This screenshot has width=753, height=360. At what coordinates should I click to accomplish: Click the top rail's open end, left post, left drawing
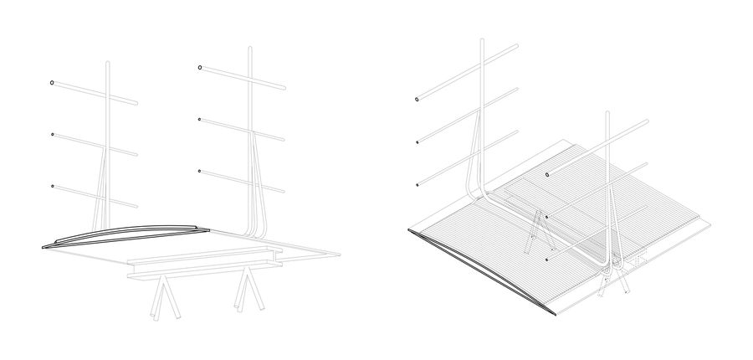pyautogui.click(x=52, y=83)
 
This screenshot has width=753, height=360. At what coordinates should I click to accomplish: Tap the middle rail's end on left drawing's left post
pyautogui.click(x=52, y=134)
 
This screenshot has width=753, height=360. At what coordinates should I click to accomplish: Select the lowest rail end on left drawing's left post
pyautogui.click(x=52, y=185)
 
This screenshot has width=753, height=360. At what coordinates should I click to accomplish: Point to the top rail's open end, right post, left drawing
pyautogui.click(x=200, y=67)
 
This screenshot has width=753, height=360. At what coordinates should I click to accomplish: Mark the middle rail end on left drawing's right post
pyautogui.click(x=199, y=120)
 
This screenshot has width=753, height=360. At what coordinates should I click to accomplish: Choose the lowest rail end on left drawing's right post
pyautogui.click(x=199, y=171)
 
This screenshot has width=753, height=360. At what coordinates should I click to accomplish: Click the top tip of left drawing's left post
pyautogui.click(x=109, y=64)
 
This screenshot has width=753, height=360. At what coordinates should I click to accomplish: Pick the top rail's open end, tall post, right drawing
pyautogui.click(x=417, y=100)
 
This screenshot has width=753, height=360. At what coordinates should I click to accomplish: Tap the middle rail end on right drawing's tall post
pyautogui.click(x=417, y=141)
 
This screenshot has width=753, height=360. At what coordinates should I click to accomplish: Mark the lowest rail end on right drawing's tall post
pyautogui.click(x=417, y=184)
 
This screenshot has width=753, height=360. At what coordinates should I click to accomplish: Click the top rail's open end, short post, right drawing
pyautogui.click(x=547, y=174)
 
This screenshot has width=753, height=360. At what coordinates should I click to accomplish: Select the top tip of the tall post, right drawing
pyautogui.click(x=482, y=40)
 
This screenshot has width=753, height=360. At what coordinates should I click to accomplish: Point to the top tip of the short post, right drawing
pyautogui.click(x=606, y=111)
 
